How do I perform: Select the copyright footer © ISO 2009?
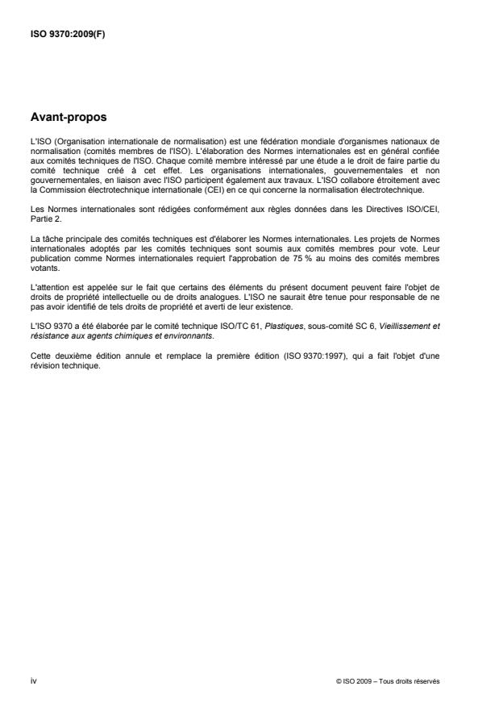click(x=388, y=681)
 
